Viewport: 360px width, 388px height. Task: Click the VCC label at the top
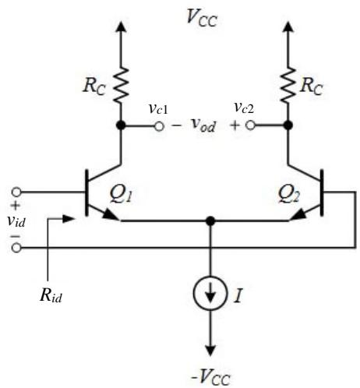tap(202, 18)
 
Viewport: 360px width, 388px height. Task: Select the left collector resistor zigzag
tap(121, 85)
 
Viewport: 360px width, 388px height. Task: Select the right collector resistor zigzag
tap(288, 85)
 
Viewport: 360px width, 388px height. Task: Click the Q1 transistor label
tap(121, 194)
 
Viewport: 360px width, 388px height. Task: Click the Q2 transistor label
tap(289, 194)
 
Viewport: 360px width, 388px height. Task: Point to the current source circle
tap(210, 293)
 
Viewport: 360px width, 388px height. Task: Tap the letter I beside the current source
tap(238, 295)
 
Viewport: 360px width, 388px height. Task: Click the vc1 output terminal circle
tap(159, 126)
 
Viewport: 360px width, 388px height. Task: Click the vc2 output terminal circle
tap(250, 125)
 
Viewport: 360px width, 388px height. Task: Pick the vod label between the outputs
tap(203, 125)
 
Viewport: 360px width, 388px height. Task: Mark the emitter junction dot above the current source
tap(210, 221)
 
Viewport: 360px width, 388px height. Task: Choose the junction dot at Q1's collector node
tap(121, 125)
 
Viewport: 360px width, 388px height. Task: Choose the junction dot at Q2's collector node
tap(288, 125)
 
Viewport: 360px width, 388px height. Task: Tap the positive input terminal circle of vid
tap(16, 192)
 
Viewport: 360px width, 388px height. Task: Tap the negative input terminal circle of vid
tap(16, 248)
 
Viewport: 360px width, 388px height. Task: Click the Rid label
tap(51, 295)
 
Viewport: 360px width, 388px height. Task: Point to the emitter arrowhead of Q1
tap(111, 215)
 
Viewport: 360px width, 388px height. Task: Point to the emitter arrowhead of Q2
tap(298, 215)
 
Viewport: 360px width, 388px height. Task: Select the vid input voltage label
tap(16, 221)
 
